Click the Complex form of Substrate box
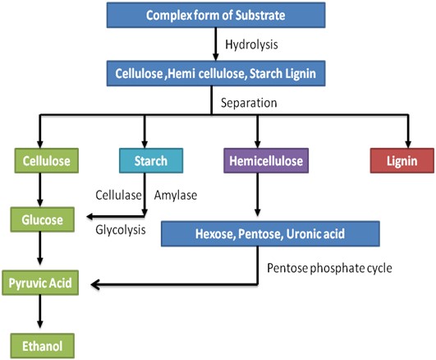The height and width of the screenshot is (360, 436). click(x=216, y=15)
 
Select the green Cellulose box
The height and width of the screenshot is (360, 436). click(x=47, y=160)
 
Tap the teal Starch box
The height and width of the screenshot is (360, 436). click(x=151, y=160)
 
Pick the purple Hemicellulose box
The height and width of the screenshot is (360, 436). click(x=266, y=160)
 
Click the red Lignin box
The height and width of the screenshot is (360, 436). click(x=402, y=160)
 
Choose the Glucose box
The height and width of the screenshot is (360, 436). click(x=42, y=219)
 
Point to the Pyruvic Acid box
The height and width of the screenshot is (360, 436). click(x=40, y=283)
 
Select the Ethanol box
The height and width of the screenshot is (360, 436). click(x=42, y=346)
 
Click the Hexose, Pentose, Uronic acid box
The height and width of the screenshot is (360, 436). click(x=270, y=234)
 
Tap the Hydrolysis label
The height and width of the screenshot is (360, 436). click(x=251, y=44)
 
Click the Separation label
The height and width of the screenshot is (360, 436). click(x=249, y=103)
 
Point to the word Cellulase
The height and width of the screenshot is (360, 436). click(x=118, y=195)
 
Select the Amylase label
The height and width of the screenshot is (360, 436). click(x=176, y=195)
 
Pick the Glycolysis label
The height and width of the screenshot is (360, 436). click(x=121, y=230)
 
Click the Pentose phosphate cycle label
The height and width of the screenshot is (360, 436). click(x=329, y=268)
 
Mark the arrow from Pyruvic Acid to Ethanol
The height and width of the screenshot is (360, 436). click(x=40, y=312)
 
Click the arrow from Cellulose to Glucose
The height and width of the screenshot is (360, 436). click(x=40, y=190)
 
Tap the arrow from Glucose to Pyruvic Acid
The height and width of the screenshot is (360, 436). click(x=40, y=248)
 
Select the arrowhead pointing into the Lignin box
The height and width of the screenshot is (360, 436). click(x=408, y=144)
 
